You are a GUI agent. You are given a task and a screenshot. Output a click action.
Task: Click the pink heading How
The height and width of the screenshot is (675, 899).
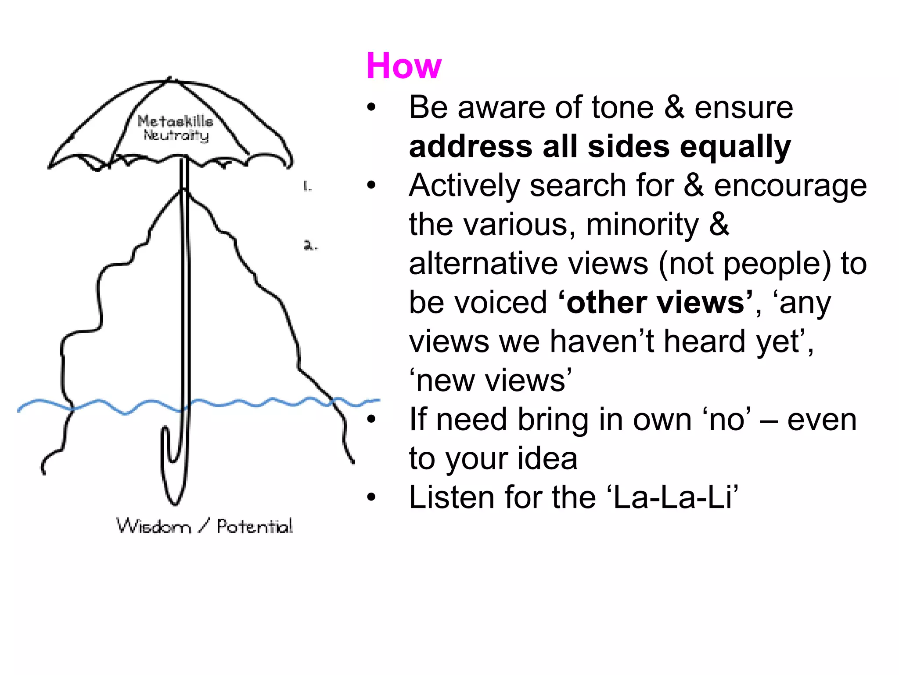(403, 66)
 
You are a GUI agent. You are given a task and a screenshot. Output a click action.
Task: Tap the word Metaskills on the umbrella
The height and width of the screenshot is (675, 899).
(175, 121)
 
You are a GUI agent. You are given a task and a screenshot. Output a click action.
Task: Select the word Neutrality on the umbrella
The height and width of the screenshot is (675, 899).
(176, 135)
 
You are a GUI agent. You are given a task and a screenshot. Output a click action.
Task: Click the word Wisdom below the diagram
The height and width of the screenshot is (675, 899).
(154, 526)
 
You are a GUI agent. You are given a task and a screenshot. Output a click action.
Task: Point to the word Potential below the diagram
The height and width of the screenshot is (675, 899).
(255, 526)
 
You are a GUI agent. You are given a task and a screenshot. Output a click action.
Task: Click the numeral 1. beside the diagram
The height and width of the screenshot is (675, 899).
(307, 187)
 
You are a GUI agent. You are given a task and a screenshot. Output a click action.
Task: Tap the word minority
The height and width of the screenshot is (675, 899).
(642, 225)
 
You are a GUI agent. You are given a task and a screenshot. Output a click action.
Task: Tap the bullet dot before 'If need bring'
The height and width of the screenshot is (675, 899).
(371, 420)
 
